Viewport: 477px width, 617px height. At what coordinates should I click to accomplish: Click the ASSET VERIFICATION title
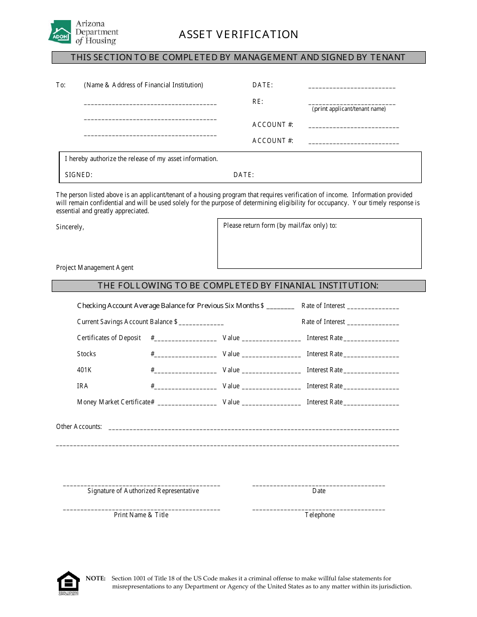tap(238, 34)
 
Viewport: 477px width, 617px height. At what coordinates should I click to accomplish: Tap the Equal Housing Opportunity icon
tap(68, 583)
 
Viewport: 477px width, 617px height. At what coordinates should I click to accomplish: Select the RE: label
tap(258, 101)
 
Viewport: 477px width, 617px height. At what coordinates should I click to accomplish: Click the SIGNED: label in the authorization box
tap(79, 175)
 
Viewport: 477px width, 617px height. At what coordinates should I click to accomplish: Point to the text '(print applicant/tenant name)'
tap(349, 109)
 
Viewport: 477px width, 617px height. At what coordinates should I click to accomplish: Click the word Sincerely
tap(70, 227)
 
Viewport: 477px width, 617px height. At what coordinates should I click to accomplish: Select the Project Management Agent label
tap(95, 268)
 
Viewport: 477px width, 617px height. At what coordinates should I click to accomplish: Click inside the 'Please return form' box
tap(319, 248)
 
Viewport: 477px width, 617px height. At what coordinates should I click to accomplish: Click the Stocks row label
tap(86, 354)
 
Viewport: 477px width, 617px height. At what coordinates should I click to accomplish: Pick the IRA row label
tap(82, 386)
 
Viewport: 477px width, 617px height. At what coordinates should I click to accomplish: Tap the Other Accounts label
tap(79, 427)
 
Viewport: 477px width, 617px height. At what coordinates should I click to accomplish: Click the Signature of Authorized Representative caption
tap(143, 491)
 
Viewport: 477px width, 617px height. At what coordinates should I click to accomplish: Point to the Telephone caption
tap(320, 515)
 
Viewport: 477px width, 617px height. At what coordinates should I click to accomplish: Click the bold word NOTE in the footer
tap(96, 578)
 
